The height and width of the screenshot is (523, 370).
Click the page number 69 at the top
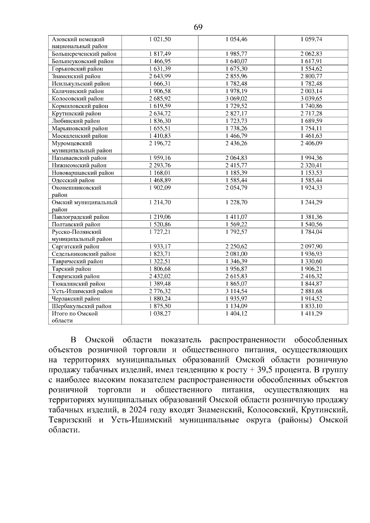pyautogui.click(x=198, y=27)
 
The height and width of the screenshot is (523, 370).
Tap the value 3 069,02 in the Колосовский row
pyautogui.click(x=236, y=99)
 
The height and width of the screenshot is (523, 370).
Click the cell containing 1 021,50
pyautogui.click(x=160, y=39)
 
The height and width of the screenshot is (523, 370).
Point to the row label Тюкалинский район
pyautogui.click(x=78, y=284)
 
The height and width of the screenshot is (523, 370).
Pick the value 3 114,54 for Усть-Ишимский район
pyautogui.click(x=236, y=291)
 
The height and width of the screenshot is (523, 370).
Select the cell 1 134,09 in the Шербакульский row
pyautogui.click(x=236, y=306)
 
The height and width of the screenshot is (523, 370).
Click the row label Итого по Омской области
pyautogui.click(x=75, y=317)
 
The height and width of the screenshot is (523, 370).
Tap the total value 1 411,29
pyautogui.click(x=311, y=313)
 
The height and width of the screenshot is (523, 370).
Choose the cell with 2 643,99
pyautogui.click(x=160, y=76)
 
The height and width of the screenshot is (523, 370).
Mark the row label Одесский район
pyautogui.click(x=73, y=180)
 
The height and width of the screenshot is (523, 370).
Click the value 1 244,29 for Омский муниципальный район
pyautogui.click(x=311, y=202)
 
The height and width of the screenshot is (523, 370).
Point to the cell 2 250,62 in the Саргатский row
pyautogui.click(x=236, y=247)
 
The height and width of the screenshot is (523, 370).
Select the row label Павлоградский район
pyautogui.click(x=80, y=217)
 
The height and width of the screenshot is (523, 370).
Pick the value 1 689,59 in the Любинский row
pyautogui.click(x=311, y=121)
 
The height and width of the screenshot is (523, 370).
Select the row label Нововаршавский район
pyautogui.click(x=83, y=173)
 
